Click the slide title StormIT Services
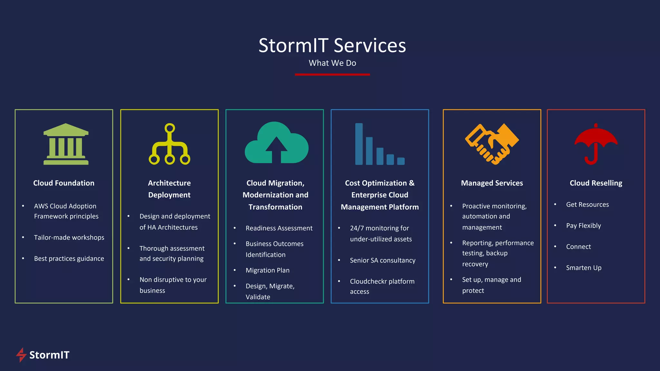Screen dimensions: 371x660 point(332,45)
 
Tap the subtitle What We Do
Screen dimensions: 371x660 point(332,63)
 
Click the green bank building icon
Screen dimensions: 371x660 point(66,144)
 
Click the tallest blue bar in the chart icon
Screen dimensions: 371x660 point(359,144)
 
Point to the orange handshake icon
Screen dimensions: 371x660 point(492,144)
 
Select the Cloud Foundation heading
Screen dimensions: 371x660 point(64,183)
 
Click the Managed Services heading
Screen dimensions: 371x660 point(492,183)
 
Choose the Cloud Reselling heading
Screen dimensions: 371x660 point(596,183)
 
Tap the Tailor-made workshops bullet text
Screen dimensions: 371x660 point(69,238)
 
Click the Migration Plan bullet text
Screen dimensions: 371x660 point(267,271)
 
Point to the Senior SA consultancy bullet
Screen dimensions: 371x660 point(383,261)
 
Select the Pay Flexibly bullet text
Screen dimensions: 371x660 point(583,226)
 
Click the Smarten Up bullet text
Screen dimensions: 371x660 point(584,268)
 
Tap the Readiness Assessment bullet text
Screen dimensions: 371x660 point(279,228)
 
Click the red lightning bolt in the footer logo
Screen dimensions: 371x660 point(21,355)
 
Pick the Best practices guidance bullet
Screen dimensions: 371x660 point(69,259)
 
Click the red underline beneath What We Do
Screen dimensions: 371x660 point(332,74)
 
